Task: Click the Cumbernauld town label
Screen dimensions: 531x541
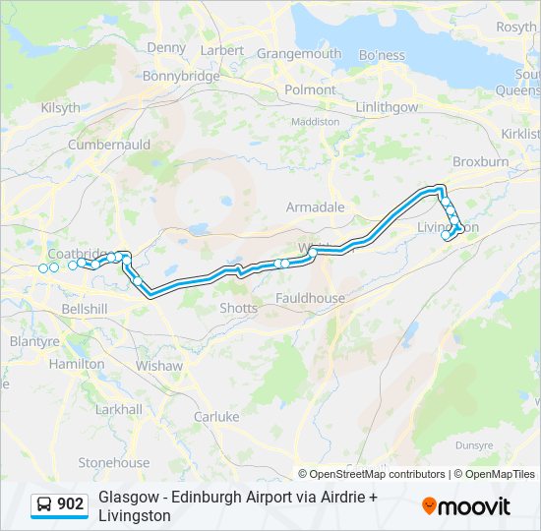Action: click(108, 145)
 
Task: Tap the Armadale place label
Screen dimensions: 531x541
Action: click(315, 207)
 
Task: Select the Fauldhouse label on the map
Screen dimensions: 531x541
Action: click(310, 298)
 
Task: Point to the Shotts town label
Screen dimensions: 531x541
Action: click(239, 308)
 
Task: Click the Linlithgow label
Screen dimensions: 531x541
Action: click(387, 107)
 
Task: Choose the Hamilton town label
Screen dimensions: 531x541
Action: click(77, 364)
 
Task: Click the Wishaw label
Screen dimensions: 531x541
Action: click(159, 366)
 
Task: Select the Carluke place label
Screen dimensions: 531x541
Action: click(216, 417)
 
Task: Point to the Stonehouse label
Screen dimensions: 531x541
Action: click(114, 463)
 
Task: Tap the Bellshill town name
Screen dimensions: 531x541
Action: click(84, 309)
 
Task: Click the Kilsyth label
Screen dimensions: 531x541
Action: click(60, 108)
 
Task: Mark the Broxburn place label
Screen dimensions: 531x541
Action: click(480, 160)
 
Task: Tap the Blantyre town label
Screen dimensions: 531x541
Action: click(34, 342)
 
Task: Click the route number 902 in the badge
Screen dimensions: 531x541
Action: click(71, 504)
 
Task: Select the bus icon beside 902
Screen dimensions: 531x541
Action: click(45, 505)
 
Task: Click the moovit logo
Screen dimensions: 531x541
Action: click(466, 506)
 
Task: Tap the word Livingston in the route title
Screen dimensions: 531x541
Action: click(135, 515)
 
